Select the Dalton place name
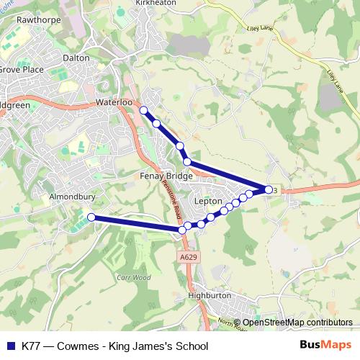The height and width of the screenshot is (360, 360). pyautogui.click(x=76, y=57)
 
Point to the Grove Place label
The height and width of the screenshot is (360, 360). pyautogui.click(x=22, y=70)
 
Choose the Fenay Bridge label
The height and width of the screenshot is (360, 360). pyautogui.click(x=162, y=175)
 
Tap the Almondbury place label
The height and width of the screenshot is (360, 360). pyautogui.click(x=68, y=196)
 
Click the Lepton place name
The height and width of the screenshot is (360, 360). pyautogui.click(x=212, y=201)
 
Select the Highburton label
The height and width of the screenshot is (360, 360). pyautogui.click(x=208, y=295)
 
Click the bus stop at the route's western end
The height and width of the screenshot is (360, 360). pyautogui.click(x=91, y=217)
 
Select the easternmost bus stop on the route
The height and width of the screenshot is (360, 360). pyautogui.click(x=269, y=189)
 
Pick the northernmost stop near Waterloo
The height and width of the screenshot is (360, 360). pyautogui.click(x=143, y=110)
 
